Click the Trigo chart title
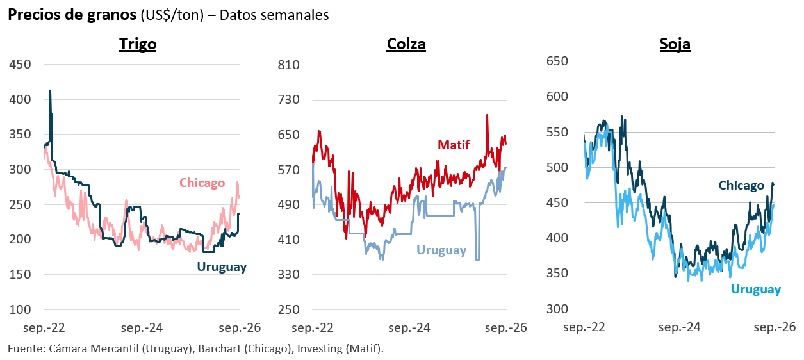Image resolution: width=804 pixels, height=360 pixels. pos(138,44)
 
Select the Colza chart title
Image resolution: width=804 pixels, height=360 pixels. pos(406,44)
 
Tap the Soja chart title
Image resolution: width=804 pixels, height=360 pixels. pos(675,44)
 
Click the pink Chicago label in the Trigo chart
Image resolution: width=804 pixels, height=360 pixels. pos(202,183)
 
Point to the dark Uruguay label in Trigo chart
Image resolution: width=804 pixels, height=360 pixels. pos(222,267)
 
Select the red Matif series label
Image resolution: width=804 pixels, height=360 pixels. pos(454,145)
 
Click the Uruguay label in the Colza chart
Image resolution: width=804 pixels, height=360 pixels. pos(441,250)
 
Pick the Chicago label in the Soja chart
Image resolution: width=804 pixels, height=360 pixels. pos(741,185)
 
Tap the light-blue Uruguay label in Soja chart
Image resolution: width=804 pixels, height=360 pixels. pos(756,290)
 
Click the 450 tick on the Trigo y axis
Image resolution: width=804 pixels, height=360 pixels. pos(20,65)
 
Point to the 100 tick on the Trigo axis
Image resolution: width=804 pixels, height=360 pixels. pos(20,309)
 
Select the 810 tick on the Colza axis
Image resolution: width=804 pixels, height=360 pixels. pos(288,65)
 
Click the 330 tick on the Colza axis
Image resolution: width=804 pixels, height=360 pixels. pos(288,275)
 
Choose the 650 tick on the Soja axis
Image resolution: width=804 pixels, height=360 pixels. pos(557,61)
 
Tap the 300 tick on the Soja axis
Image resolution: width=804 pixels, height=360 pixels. pos(557,309)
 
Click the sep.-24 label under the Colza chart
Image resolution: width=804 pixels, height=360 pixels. pos(409,328)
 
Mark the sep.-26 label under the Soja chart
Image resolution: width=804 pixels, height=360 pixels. pos(775,327)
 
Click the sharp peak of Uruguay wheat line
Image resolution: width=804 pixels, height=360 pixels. pos(50,91)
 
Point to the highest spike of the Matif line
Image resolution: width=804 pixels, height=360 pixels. pos(487,115)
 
